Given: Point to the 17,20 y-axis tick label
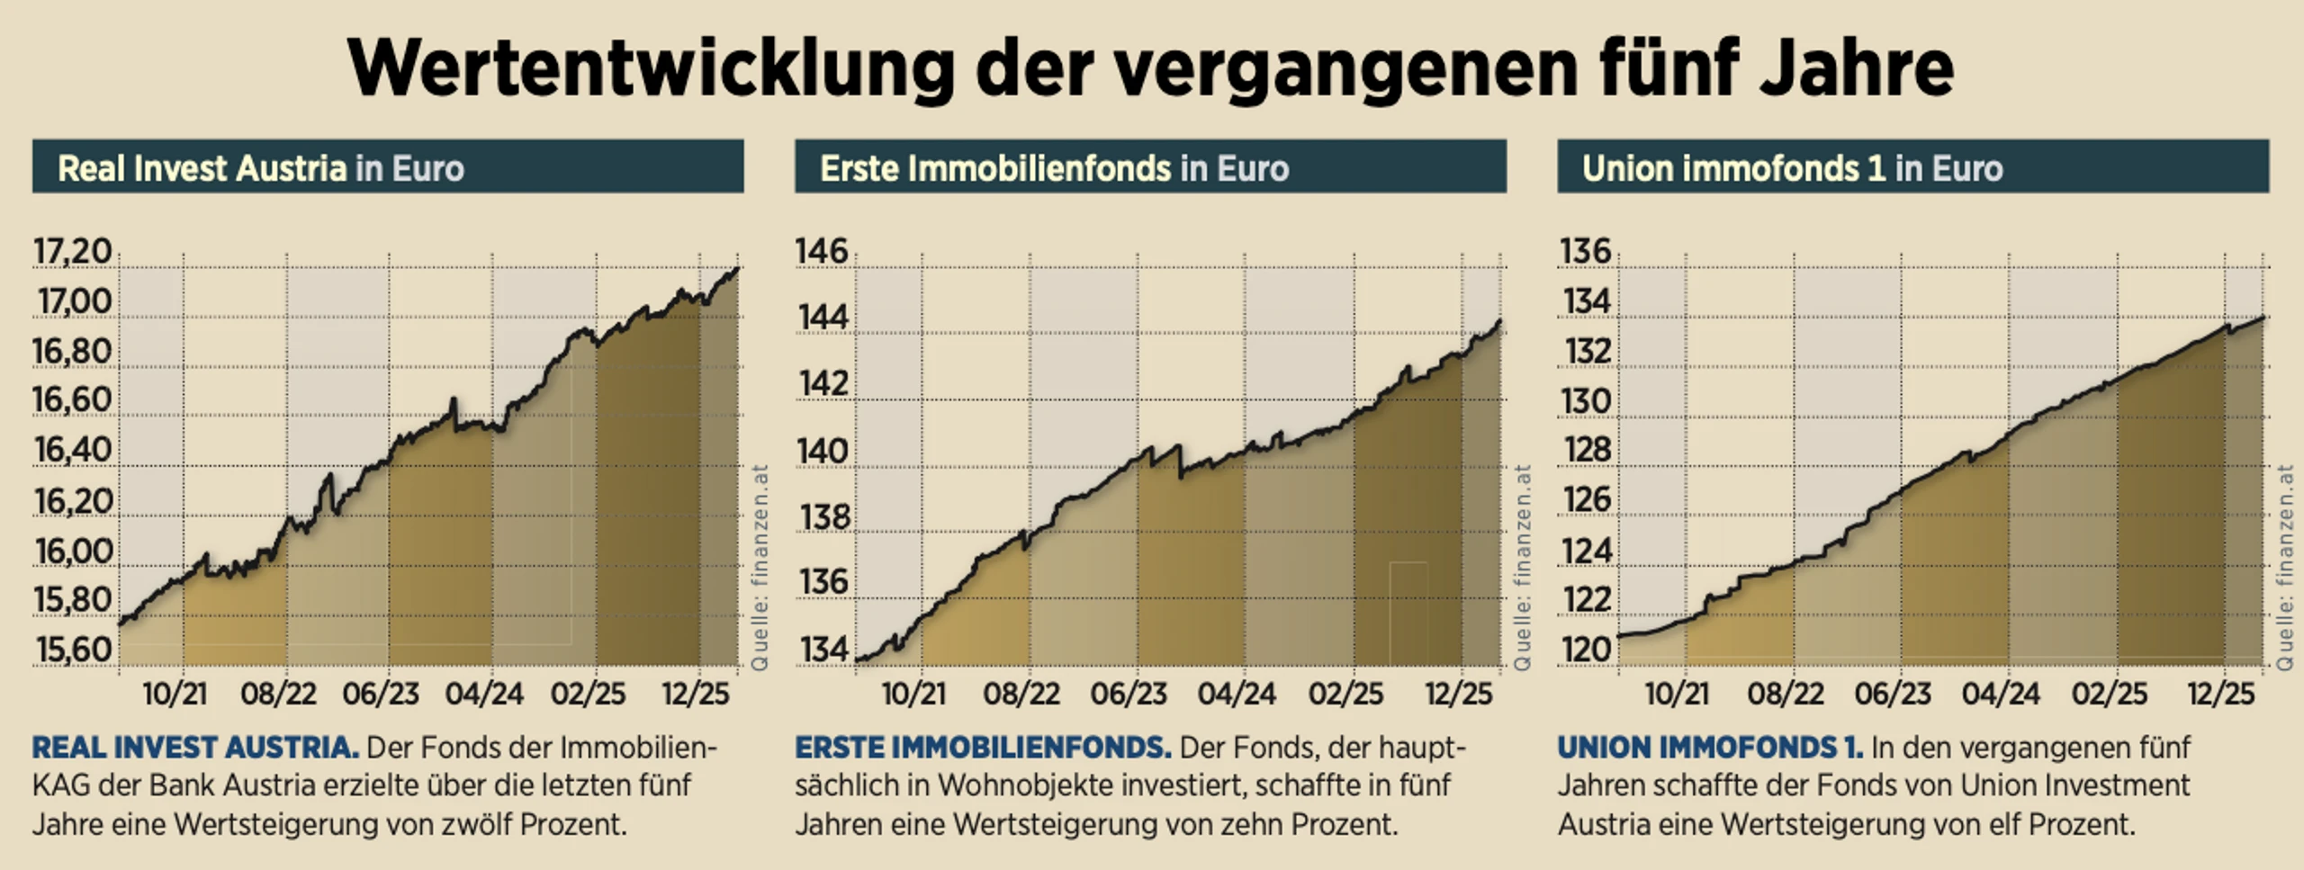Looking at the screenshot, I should point(73,252).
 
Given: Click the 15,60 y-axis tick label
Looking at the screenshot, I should point(73,650).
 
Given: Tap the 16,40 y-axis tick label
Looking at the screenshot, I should point(73,450).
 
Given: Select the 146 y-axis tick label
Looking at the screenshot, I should point(822,252).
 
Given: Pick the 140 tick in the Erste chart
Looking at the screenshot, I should point(822,451).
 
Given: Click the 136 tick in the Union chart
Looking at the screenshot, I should point(1585,251).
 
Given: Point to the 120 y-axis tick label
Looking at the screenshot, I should point(1585,649).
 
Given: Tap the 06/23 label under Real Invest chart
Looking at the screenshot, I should point(381,694).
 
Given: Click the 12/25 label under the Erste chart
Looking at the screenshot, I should point(1458,694).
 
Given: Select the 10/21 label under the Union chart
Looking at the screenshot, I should point(1677,694).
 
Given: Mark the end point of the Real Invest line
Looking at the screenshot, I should point(737,268).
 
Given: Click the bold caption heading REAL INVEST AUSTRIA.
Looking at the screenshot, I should point(195,748).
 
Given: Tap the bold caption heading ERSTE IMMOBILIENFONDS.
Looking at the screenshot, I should point(983,748).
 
